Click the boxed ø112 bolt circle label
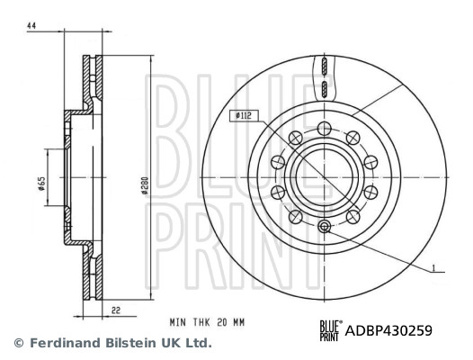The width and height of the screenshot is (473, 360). click(x=242, y=115)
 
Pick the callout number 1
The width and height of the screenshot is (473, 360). click(x=433, y=267)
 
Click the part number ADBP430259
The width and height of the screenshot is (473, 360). click(x=388, y=330)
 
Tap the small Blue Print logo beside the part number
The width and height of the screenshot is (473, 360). click(x=330, y=330)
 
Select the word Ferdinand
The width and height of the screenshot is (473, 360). click(x=61, y=343)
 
